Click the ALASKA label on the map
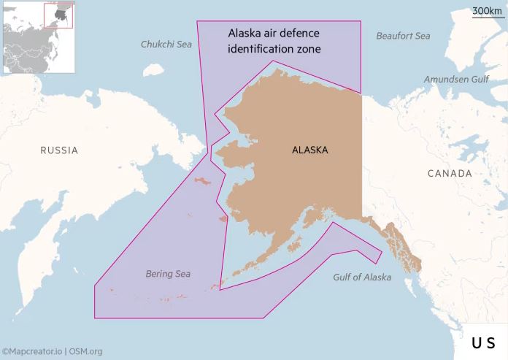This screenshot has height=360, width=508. tap(309, 150)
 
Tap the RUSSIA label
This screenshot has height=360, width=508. tap(59, 150)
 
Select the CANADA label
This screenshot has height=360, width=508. tap(450, 173)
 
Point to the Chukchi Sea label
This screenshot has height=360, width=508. tap(166, 45)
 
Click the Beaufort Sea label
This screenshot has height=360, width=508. tap(403, 36)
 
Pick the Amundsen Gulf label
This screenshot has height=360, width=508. tap(456, 79)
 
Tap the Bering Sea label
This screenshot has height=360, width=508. tap(168, 274)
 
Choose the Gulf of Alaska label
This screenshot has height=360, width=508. tap(362, 277)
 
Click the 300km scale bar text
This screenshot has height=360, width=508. tap(486, 10)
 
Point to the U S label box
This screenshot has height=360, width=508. tap(482, 342)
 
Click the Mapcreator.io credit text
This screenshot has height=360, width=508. tap(32, 351)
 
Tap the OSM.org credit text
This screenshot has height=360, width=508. tap(85, 351)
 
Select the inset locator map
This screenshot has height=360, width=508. tap(39, 37)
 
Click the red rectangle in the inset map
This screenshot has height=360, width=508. tap(58, 15)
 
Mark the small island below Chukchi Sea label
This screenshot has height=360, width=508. tap(153, 71)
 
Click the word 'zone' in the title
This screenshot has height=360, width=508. tap(309, 49)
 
